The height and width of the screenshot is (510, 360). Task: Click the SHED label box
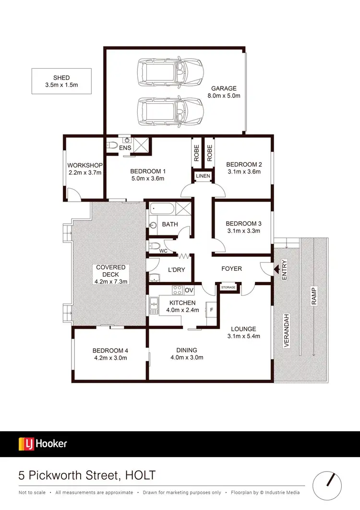[x=61, y=81]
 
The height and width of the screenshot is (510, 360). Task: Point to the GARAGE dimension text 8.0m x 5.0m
[x=224, y=96]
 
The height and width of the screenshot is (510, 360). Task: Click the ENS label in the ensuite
[x=125, y=148]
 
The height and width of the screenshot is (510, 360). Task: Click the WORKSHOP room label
[x=84, y=165]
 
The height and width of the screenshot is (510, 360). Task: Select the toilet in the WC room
[x=155, y=246]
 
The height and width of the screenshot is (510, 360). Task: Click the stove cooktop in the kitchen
[x=177, y=290]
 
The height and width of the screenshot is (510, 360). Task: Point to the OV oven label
[x=189, y=290]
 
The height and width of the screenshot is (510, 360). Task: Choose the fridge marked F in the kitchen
[x=211, y=310]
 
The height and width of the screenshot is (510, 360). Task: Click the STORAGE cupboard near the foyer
[x=228, y=288]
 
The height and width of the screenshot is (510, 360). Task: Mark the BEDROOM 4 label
[x=110, y=351]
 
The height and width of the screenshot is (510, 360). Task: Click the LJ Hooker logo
[x=43, y=444]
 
